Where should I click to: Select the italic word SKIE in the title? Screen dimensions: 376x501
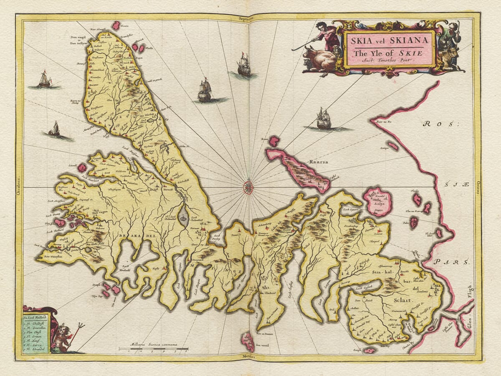[x=413, y=53]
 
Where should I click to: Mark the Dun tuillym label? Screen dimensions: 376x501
[x=80, y=43]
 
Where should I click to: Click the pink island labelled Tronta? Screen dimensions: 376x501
[x=116, y=25]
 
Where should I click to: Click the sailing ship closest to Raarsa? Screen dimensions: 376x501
[x=324, y=119]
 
